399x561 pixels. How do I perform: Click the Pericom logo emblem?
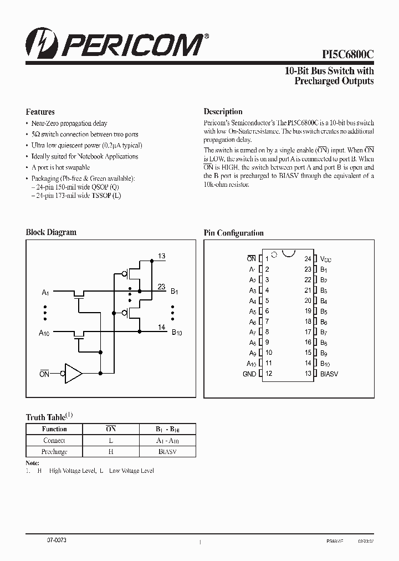pos(37,45)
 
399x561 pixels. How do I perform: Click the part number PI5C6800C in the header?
pos(348,54)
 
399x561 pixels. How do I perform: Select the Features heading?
pos(40,111)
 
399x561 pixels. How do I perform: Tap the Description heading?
pos(223,111)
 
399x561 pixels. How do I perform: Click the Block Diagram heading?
pos(51,232)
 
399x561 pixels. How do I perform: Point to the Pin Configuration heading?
pos(233,233)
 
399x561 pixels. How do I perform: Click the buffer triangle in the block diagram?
pos(73,374)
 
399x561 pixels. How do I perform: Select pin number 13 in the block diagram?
pos(161,256)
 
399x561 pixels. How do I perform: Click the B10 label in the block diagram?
pos(177,333)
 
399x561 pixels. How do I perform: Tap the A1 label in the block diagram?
pos(45,292)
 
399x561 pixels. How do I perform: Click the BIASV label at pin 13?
pos(329,374)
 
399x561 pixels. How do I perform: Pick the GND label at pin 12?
pos(249,374)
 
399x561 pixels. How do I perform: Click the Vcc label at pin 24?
pos(326,259)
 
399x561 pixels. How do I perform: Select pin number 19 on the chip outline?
pos(308,311)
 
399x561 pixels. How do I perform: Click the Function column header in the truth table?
pos(54,429)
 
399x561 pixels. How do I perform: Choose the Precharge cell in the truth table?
pos(54,452)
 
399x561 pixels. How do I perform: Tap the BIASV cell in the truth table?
pos(167,452)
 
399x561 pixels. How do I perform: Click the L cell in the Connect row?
pos(111,441)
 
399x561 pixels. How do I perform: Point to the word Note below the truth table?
pos(33,462)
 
